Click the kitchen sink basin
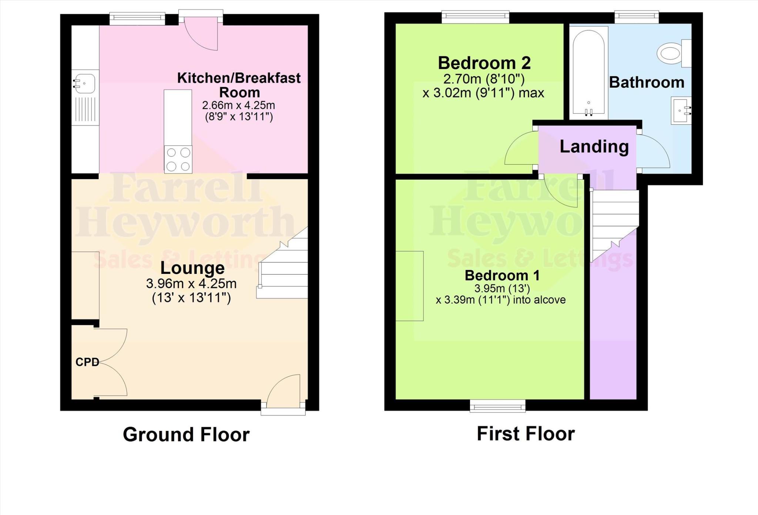[x=85, y=83]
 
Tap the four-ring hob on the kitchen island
[x=178, y=159]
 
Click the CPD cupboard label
[x=87, y=362]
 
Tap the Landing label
[x=594, y=146]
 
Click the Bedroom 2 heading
[x=484, y=63]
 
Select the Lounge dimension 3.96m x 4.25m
[x=191, y=284]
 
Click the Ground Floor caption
[x=186, y=435]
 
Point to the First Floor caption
[x=526, y=434]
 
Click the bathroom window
[x=637, y=16]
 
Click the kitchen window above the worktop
[x=137, y=19]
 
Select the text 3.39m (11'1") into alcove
[x=500, y=300]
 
